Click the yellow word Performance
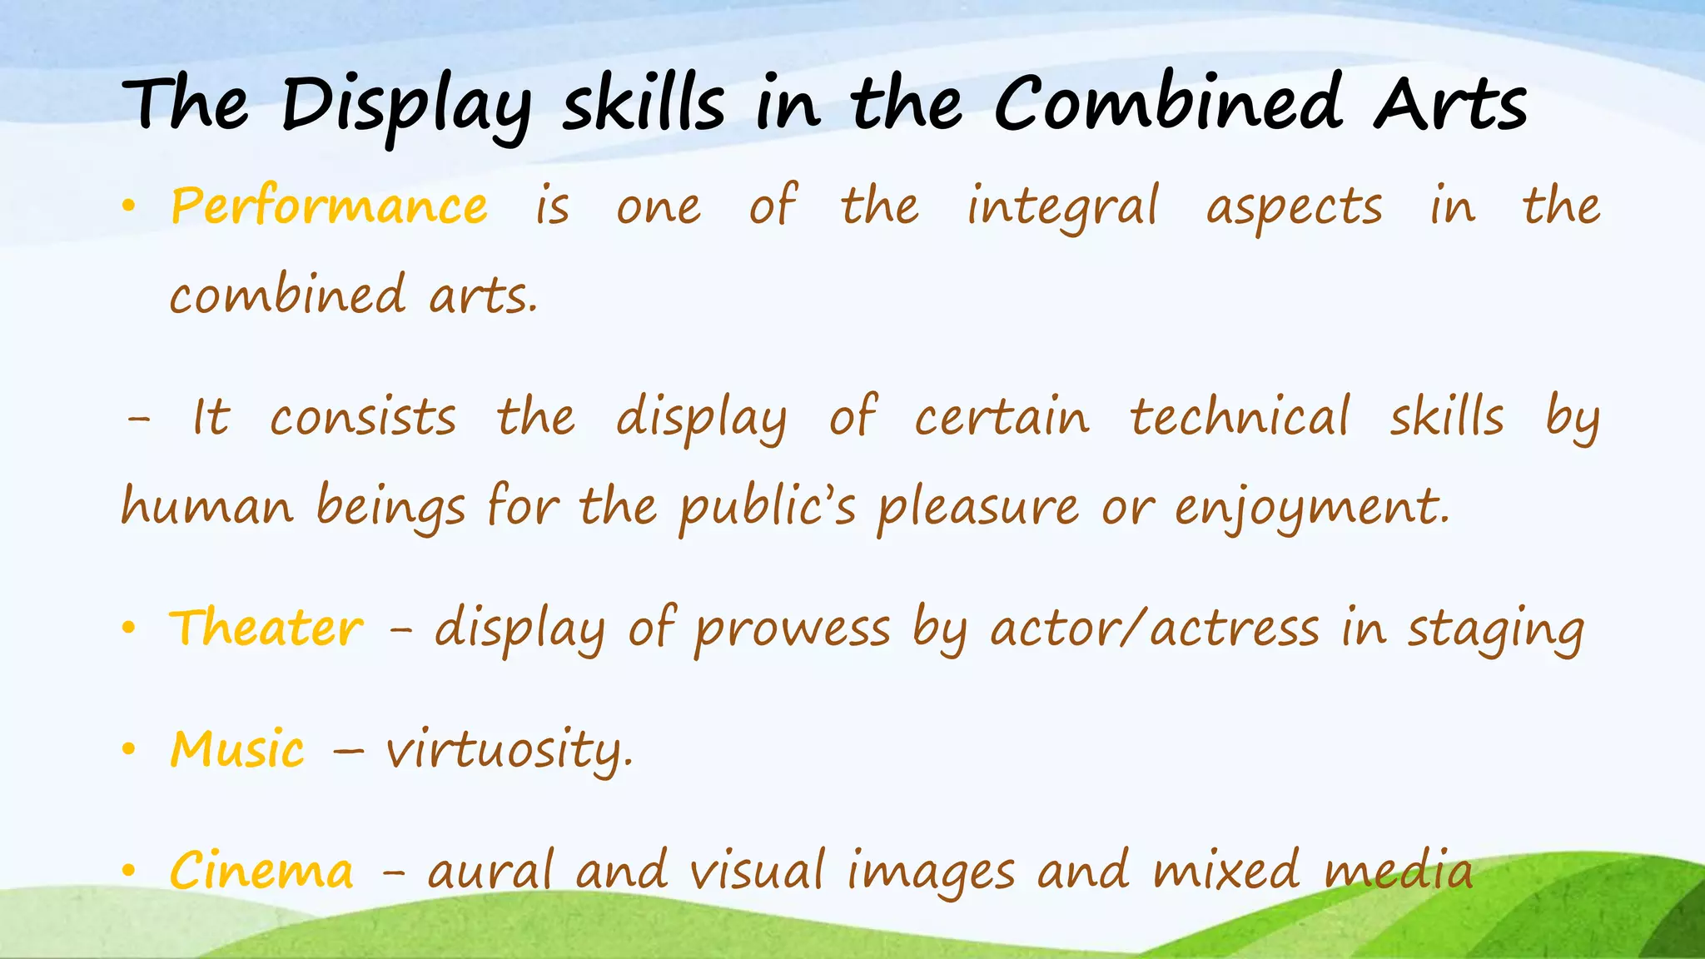pos(329,206)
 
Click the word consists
pos(363,418)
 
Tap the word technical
pos(1239,418)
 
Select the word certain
pos(1002,418)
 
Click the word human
pos(207,506)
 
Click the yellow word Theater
pos(266,628)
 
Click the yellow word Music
pos(237,748)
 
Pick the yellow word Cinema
pos(261,871)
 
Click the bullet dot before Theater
pos(127,629)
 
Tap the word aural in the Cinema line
pos(490,871)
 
